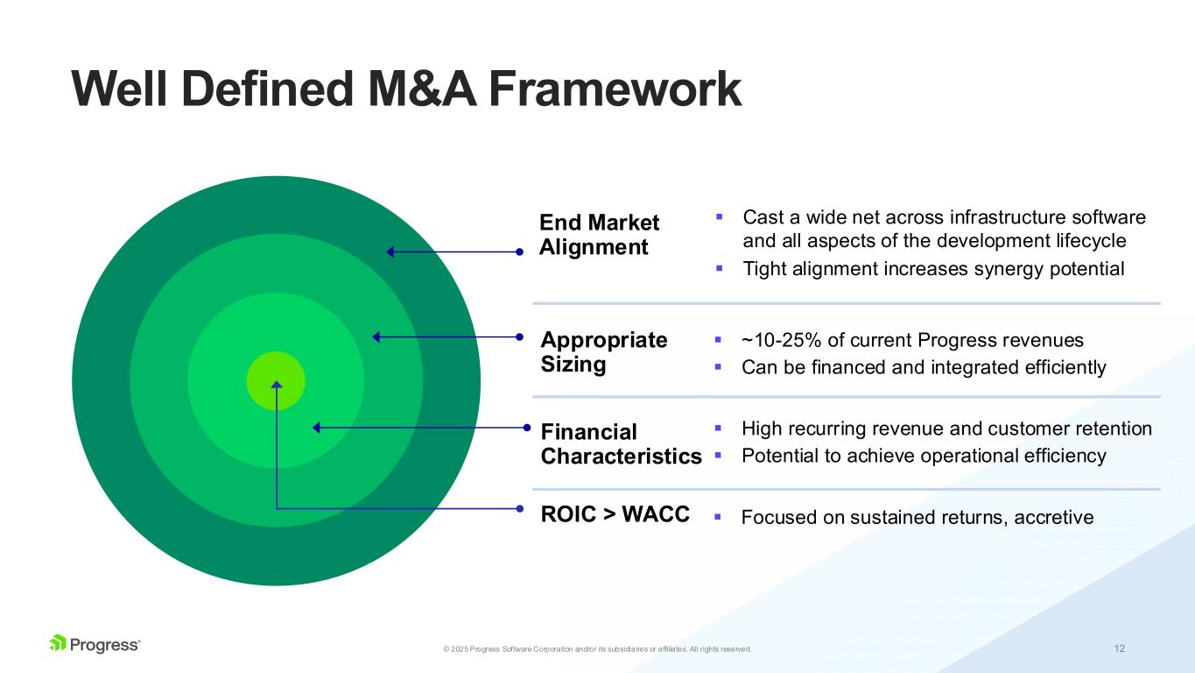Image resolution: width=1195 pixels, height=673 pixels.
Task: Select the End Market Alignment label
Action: click(x=599, y=235)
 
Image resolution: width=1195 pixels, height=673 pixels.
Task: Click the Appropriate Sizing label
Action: click(x=603, y=351)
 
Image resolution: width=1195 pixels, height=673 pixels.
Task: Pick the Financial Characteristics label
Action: click(x=621, y=443)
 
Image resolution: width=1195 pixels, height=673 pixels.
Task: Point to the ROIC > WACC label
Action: click(x=615, y=514)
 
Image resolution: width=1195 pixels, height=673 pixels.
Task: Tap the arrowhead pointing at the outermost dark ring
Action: click(x=391, y=252)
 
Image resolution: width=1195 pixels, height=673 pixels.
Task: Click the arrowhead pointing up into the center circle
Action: click(x=277, y=385)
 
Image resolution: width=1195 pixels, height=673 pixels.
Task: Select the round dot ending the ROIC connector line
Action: click(x=520, y=508)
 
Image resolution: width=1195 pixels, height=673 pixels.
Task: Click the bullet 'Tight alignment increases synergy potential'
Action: click(x=932, y=269)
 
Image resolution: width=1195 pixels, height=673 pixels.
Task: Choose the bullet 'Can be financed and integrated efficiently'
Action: click(x=923, y=367)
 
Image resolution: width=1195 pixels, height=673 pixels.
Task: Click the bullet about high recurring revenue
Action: click(x=945, y=429)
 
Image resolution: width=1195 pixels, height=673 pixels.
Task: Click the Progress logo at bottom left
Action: click(x=95, y=644)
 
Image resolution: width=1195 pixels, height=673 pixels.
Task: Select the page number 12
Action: click(x=1120, y=648)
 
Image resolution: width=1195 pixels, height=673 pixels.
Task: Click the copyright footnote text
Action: click(x=597, y=649)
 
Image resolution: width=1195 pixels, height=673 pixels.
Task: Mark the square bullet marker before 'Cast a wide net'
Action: click(x=719, y=215)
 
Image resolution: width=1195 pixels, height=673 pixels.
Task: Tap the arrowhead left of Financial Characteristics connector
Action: click(x=317, y=428)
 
